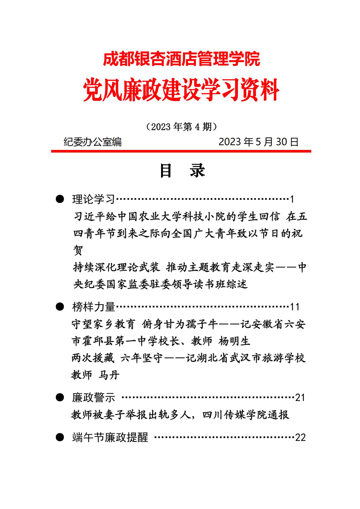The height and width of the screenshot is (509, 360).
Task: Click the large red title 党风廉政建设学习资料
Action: (181, 90)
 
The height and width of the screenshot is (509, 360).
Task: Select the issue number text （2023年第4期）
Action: (182, 127)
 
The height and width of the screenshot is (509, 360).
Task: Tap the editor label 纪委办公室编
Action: (93, 142)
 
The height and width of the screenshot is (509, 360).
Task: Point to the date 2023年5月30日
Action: (259, 142)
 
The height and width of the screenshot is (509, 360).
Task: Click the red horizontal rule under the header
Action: (181, 151)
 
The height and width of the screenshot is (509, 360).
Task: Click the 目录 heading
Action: (182, 171)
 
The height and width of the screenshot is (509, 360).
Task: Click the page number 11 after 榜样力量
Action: (295, 307)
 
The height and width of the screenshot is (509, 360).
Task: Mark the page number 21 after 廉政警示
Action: (300, 398)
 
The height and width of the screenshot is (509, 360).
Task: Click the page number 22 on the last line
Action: (300, 437)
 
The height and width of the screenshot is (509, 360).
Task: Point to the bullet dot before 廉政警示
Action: (59, 397)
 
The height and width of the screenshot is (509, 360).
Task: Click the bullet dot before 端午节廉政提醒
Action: (59, 437)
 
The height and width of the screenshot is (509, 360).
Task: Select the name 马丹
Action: (108, 375)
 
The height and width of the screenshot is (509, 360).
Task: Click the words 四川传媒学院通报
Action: (246, 414)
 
